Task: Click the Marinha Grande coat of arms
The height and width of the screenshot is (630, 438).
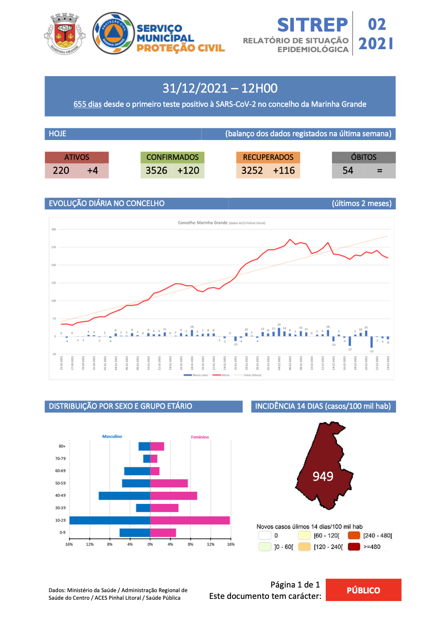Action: (x=65, y=33)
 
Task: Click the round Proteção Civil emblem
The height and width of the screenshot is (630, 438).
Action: (x=113, y=33)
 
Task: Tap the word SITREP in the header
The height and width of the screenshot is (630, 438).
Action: (x=312, y=25)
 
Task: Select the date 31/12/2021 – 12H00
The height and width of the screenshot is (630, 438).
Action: (x=220, y=88)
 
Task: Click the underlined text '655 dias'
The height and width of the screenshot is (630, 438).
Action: (x=87, y=104)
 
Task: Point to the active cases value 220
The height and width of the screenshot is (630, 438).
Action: (x=61, y=171)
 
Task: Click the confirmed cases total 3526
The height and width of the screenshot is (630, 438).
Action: (x=156, y=171)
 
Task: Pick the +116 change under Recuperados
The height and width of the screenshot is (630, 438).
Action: (x=284, y=171)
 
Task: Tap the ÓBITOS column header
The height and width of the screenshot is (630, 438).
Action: (x=364, y=157)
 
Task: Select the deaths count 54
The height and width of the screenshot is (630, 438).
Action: (x=348, y=171)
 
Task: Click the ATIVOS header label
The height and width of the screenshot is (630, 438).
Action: (x=77, y=157)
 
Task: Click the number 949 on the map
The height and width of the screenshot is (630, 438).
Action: (x=323, y=476)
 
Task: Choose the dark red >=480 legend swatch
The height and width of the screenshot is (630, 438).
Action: (x=354, y=547)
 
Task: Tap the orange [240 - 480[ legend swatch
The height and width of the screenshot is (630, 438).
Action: (x=354, y=535)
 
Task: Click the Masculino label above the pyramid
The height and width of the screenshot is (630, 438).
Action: (x=112, y=437)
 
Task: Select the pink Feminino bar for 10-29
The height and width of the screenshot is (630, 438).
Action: (x=190, y=520)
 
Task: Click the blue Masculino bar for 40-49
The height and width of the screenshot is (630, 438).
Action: (x=124, y=496)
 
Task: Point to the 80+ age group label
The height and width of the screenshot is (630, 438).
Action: (x=62, y=446)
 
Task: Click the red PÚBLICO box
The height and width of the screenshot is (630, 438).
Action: (x=363, y=590)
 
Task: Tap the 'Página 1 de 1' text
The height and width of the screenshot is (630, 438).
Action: (x=295, y=585)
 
